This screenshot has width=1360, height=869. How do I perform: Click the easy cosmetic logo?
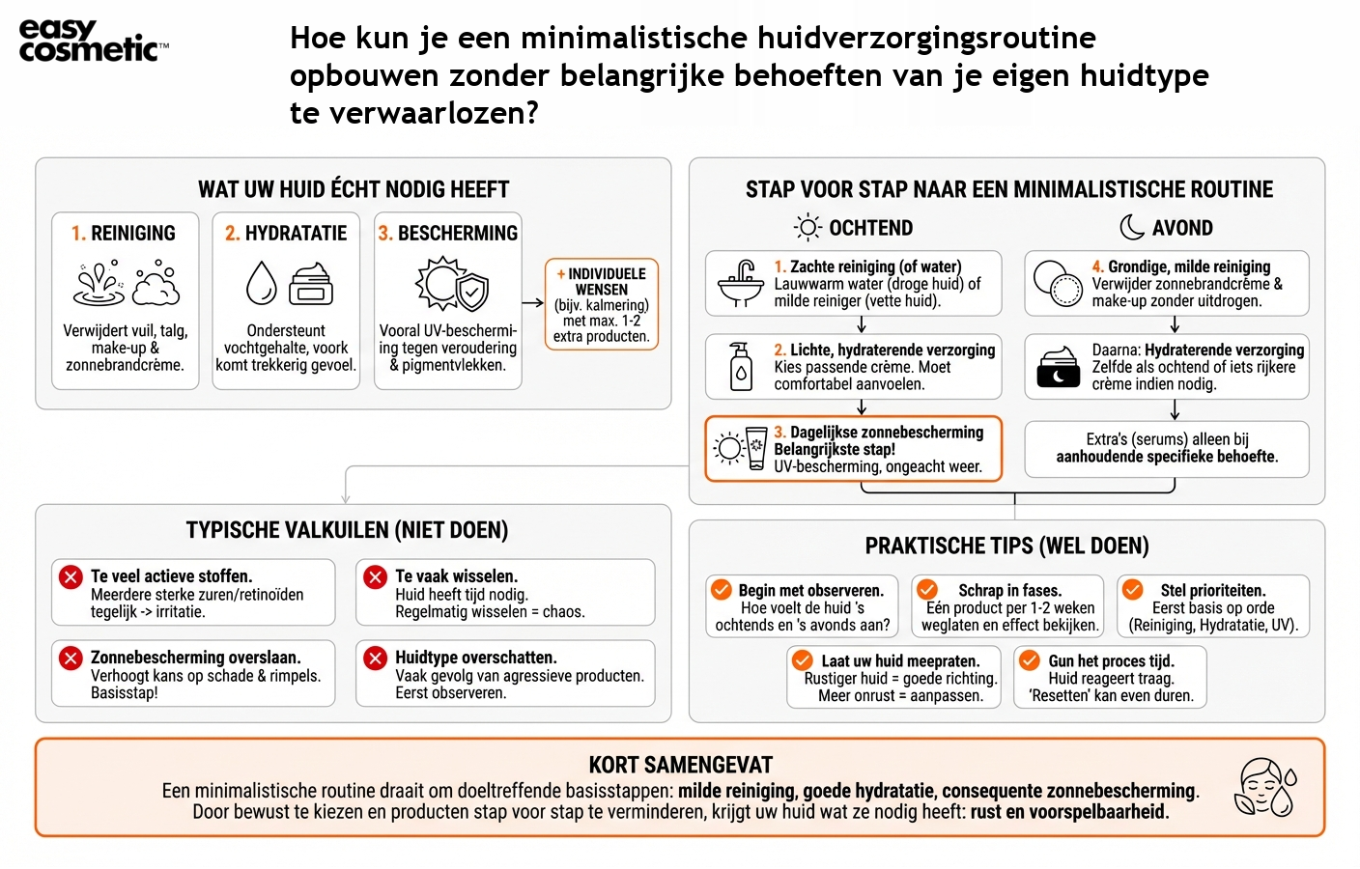click(93, 41)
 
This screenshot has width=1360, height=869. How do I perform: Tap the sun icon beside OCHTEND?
click(807, 228)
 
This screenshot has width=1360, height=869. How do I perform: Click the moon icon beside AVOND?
click(1132, 228)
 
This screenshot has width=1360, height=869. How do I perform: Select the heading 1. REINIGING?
click(124, 234)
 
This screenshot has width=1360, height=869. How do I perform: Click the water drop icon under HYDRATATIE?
click(261, 283)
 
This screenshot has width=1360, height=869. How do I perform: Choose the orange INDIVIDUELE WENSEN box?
click(602, 304)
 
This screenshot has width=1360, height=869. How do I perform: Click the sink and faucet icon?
click(741, 284)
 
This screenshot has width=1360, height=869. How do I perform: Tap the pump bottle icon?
click(741, 367)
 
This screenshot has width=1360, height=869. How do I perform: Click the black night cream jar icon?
click(1058, 367)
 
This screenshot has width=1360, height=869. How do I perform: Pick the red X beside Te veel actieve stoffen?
click(71, 576)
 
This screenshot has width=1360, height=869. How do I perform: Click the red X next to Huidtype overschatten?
click(375, 658)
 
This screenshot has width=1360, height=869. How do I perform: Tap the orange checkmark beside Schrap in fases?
click(927, 589)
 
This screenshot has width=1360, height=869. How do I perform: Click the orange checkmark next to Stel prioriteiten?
click(1132, 589)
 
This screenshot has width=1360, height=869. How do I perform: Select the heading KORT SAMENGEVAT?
click(680, 766)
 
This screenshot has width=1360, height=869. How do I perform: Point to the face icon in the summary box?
click(1264, 787)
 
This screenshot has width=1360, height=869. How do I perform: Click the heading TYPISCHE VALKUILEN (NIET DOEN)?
click(347, 530)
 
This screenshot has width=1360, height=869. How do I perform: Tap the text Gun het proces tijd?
click(1111, 661)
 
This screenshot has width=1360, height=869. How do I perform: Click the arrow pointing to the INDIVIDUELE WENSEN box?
click(533, 303)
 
